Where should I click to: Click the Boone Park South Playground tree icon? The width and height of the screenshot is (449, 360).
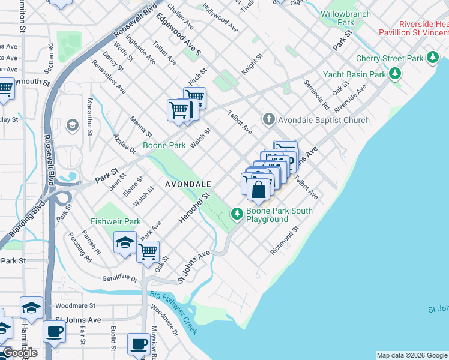click(x=238, y=213)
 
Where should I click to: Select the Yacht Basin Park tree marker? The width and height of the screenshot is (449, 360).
click(x=394, y=74)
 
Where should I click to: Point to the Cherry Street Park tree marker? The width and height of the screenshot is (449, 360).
click(x=432, y=58)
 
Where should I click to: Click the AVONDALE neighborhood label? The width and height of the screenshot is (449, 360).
click(x=188, y=184)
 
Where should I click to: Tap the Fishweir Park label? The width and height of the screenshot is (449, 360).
click(x=116, y=221)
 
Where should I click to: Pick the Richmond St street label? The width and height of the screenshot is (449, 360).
click(x=285, y=241)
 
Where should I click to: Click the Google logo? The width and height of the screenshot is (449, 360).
click(x=19, y=353)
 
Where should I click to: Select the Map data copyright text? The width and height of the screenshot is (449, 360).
click(x=412, y=355)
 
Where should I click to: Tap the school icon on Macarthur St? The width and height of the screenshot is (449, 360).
click(x=72, y=125)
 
